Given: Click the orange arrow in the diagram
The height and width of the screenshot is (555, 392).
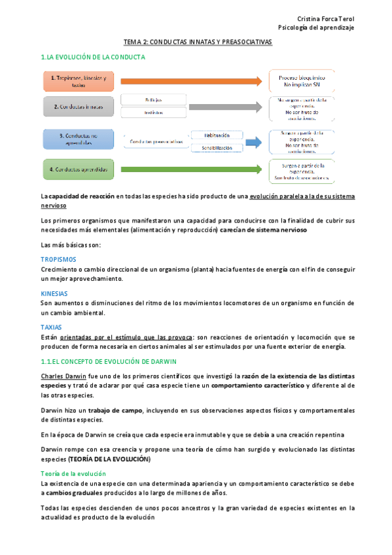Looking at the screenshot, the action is click(189, 81).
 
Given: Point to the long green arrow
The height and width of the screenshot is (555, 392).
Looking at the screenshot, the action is click(189, 170).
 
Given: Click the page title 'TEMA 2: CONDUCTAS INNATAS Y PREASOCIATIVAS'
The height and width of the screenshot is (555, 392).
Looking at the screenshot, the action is click(198, 41).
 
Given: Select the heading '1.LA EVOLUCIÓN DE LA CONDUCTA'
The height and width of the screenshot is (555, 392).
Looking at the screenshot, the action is click(93, 58).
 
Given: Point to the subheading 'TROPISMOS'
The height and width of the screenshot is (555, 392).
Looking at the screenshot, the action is click(59, 260).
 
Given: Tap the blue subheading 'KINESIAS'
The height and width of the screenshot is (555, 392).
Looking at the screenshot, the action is click(54, 294).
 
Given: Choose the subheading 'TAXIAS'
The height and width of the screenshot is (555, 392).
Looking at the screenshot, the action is click(51, 328).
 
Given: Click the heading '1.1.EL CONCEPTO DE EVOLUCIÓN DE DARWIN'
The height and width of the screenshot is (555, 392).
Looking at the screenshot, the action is click(108, 362).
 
